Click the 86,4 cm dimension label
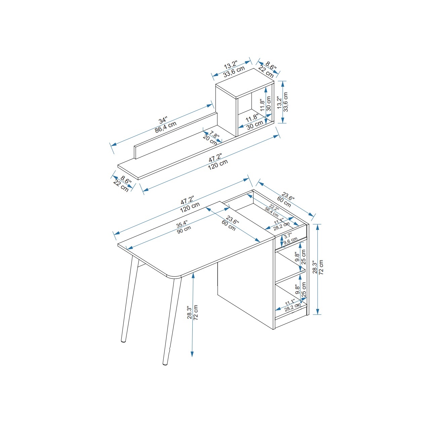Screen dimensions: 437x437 (165, 127)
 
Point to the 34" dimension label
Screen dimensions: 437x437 (163, 120)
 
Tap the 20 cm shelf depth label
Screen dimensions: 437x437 (210, 140)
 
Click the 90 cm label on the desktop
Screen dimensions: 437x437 (184, 230)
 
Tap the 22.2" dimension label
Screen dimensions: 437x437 (274, 208)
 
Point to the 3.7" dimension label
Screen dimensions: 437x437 (288, 236)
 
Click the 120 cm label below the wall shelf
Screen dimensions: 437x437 (218, 165)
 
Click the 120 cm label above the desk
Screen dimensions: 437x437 (190, 207)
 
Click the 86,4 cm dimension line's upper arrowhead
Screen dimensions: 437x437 (209, 106)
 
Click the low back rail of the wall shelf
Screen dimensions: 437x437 (176, 135)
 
